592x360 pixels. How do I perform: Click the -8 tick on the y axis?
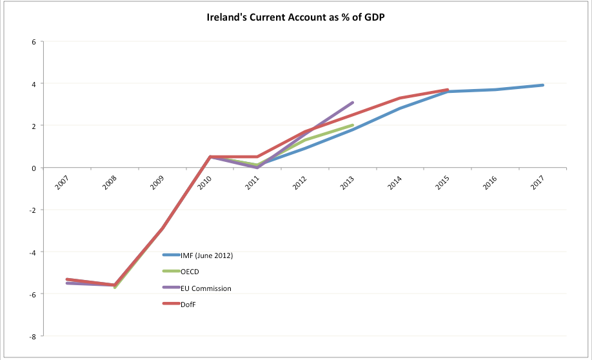[x=34, y=336]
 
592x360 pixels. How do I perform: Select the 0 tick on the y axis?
[x=35, y=168]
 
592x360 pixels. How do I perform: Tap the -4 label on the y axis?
[x=34, y=252]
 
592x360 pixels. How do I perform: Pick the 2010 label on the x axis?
[x=206, y=183]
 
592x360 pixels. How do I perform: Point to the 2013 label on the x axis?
[x=348, y=183]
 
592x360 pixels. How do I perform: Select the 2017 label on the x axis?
[x=538, y=183]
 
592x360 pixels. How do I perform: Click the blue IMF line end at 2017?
[x=543, y=85]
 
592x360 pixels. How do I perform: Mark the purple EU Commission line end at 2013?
[x=353, y=103]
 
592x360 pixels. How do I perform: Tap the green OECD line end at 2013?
[x=353, y=125]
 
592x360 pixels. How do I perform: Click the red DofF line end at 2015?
[x=448, y=90]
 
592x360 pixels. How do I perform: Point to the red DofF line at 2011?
[x=257, y=157]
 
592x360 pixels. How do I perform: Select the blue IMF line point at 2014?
[x=400, y=108]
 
